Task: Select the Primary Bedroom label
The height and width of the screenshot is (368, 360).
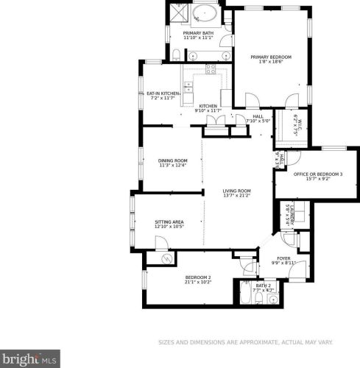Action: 270,60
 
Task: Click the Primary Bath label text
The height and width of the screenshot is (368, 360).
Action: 198,35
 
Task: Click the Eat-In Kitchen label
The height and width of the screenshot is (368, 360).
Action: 163,96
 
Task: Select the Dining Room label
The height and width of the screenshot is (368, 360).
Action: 173,163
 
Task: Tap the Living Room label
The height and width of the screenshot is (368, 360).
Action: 237,194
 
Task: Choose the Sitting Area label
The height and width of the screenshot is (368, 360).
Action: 169,224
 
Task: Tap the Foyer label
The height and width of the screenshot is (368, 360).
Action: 283,260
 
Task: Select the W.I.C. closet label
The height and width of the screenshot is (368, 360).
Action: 296,125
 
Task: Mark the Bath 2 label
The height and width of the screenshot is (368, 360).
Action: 264,287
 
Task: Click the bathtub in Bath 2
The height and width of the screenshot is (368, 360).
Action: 244,297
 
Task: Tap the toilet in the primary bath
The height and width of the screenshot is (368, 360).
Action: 177,52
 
